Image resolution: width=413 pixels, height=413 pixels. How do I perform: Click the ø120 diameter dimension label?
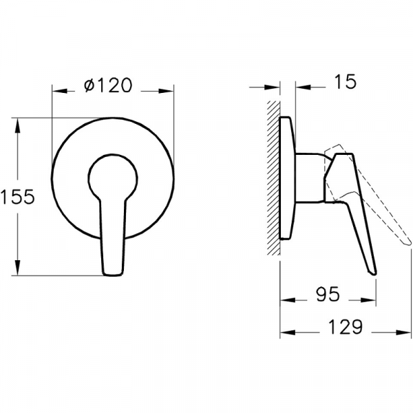[108, 85]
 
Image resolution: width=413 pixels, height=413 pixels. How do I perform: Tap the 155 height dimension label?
[17, 196]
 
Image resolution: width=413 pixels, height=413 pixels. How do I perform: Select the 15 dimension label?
[345, 81]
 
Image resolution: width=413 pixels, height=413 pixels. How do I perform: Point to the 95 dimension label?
[328, 294]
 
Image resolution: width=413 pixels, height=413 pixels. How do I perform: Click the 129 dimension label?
[346, 326]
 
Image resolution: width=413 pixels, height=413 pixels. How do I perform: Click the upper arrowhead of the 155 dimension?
[17, 125]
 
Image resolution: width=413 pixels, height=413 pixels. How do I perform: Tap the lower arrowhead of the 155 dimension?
[17, 268]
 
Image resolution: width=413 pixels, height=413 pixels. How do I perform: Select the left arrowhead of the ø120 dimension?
[60, 91]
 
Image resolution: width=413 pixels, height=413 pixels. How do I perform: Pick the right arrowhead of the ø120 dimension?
[166, 91]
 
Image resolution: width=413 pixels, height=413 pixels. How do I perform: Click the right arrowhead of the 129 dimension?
[403, 332]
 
